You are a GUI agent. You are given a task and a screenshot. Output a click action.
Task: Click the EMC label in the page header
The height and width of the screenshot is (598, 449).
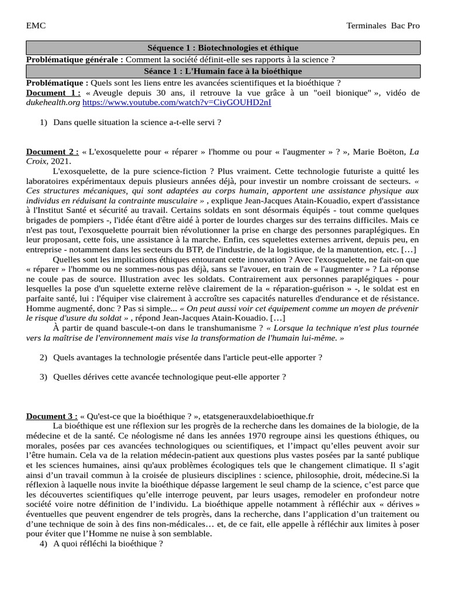tap(36, 26)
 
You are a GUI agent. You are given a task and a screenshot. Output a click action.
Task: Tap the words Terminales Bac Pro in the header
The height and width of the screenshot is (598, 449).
tap(383, 26)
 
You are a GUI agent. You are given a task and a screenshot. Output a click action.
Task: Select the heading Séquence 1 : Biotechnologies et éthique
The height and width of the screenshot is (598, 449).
tap(222, 48)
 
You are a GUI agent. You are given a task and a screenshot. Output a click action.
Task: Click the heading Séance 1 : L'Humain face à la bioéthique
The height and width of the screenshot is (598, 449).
tap(222, 71)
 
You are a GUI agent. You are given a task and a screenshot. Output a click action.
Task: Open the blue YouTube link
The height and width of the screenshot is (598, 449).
tap(177, 102)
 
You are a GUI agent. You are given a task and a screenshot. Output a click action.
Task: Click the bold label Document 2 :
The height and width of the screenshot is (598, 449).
tap(52, 152)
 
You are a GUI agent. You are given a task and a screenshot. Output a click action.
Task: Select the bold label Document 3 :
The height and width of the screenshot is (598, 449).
tap(52, 416)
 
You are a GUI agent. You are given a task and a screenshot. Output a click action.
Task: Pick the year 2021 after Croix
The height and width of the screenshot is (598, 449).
tap(60, 161)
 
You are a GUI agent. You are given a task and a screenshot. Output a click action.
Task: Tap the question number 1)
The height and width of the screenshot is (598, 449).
tap(43, 123)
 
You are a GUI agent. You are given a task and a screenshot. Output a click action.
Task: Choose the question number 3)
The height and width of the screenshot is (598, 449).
tap(43, 377)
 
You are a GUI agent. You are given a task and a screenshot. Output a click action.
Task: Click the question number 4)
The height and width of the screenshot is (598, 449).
tap(43, 544)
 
